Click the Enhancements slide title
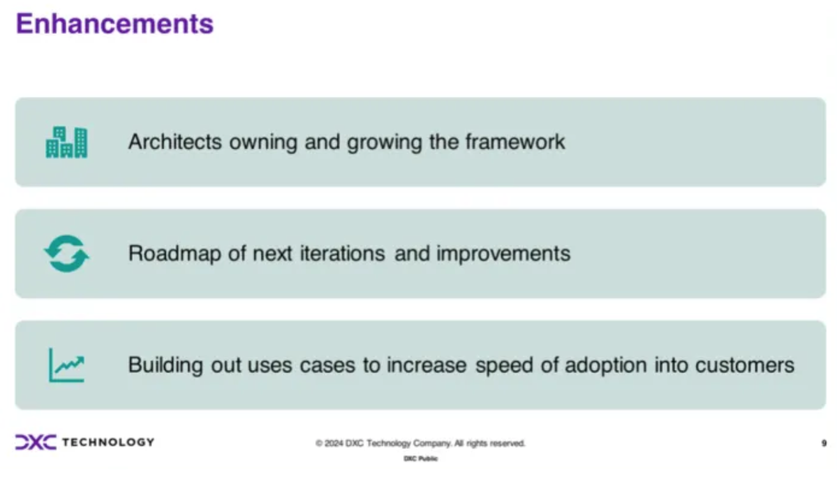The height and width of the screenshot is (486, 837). (x=115, y=24)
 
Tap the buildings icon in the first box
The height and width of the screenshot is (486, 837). (x=66, y=142)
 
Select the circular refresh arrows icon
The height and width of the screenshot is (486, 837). (x=66, y=254)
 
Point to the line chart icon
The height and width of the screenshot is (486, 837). (x=67, y=365)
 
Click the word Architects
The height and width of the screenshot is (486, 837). (x=175, y=142)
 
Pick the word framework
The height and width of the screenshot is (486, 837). (x=515, y=142)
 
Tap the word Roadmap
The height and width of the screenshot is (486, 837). (x=175, y=253)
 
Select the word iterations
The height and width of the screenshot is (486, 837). (x=343, y=253)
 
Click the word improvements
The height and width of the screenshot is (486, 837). (x=503, y=254)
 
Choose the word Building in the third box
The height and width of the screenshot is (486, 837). (x=165, y=365)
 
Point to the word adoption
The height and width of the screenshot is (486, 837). (x=605, y=365)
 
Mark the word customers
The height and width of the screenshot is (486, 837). (x=744, y=365)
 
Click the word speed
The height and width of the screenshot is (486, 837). (x=504, y=365)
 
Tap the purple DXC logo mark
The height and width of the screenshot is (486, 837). (x=36, y=442)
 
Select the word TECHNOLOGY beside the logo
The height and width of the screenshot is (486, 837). (x=108, y=442)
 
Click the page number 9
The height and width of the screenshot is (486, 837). (x=824, y=443)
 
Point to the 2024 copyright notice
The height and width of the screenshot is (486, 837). (x=420, y=443)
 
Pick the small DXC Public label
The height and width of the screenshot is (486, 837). (x=421, y=459)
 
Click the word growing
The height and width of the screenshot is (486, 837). (x=385, y=143)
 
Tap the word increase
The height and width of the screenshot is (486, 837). (x=427, y=365)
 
